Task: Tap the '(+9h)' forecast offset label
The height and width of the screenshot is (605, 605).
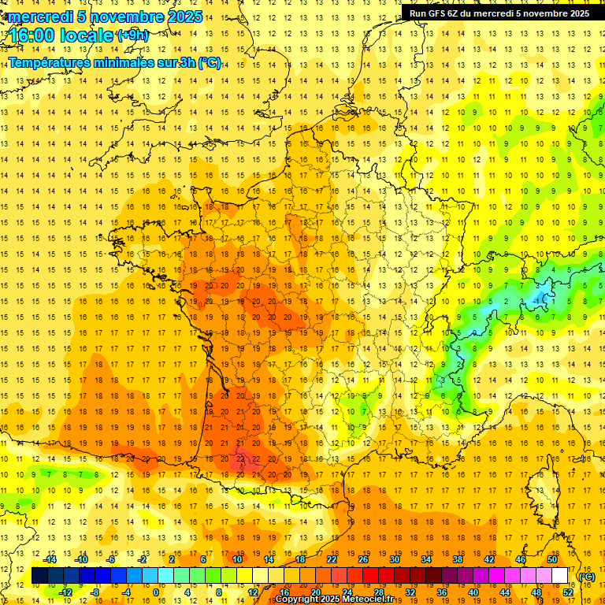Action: click(132, 35)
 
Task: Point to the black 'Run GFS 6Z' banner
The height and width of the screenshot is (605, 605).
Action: click(499, 13)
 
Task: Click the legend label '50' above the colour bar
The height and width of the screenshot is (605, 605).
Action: click(552, 559)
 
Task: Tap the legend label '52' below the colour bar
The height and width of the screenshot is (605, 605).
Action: click(568, 592)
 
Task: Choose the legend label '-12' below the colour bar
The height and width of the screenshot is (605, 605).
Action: click(65, 592)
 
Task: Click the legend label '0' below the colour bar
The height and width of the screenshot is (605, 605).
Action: click(156, 592)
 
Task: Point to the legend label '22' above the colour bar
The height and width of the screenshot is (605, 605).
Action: click(332, 559)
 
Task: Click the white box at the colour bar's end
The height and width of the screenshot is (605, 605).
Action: click(560, 576)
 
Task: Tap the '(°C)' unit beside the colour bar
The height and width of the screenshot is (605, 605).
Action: click(586, 576)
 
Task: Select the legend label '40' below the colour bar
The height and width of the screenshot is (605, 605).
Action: click(473, 592)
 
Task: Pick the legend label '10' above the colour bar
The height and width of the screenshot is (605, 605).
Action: click(237, 559)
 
